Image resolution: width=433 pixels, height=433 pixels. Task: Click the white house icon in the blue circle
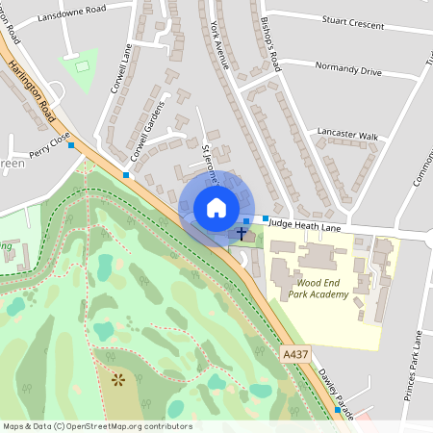coord(216,208)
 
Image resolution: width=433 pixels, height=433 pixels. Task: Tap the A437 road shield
coord(296,356)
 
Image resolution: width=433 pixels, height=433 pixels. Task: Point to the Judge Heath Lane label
coord(305,224)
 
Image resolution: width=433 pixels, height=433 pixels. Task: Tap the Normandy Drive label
coord(348,71)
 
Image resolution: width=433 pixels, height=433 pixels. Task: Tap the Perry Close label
coord(49,145)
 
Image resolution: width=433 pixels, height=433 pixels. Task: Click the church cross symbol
coord(242,233)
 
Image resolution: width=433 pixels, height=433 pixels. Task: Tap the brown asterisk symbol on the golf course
coord(118,381)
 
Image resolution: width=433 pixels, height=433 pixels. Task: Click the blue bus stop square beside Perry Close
coord(70,143)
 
